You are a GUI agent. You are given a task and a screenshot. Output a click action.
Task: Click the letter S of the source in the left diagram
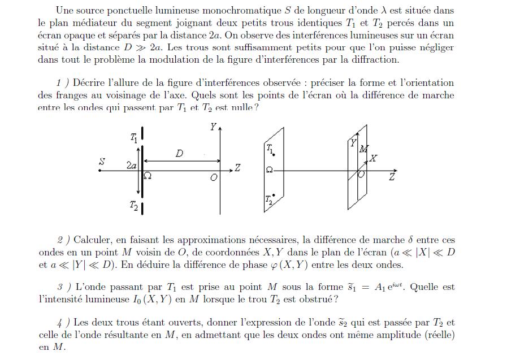point(102,161)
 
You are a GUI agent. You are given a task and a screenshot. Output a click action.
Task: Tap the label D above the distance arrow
point(179,153)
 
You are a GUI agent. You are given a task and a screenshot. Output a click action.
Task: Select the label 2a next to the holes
point(131,166)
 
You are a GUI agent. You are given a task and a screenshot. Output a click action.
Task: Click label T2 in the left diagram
point(133,207)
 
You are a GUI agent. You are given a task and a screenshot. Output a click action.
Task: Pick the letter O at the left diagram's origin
point(214,177)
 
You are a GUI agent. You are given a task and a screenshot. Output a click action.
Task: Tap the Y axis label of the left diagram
point(213,127)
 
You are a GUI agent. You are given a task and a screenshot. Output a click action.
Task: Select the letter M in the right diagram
point(363,149)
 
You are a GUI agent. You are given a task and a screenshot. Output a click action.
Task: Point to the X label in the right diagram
point(374,159)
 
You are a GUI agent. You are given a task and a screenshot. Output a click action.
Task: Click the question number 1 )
point(62,83)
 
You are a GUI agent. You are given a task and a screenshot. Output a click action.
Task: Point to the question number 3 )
point(63,287)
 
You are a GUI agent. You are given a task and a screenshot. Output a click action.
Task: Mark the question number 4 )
point(62,323)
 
